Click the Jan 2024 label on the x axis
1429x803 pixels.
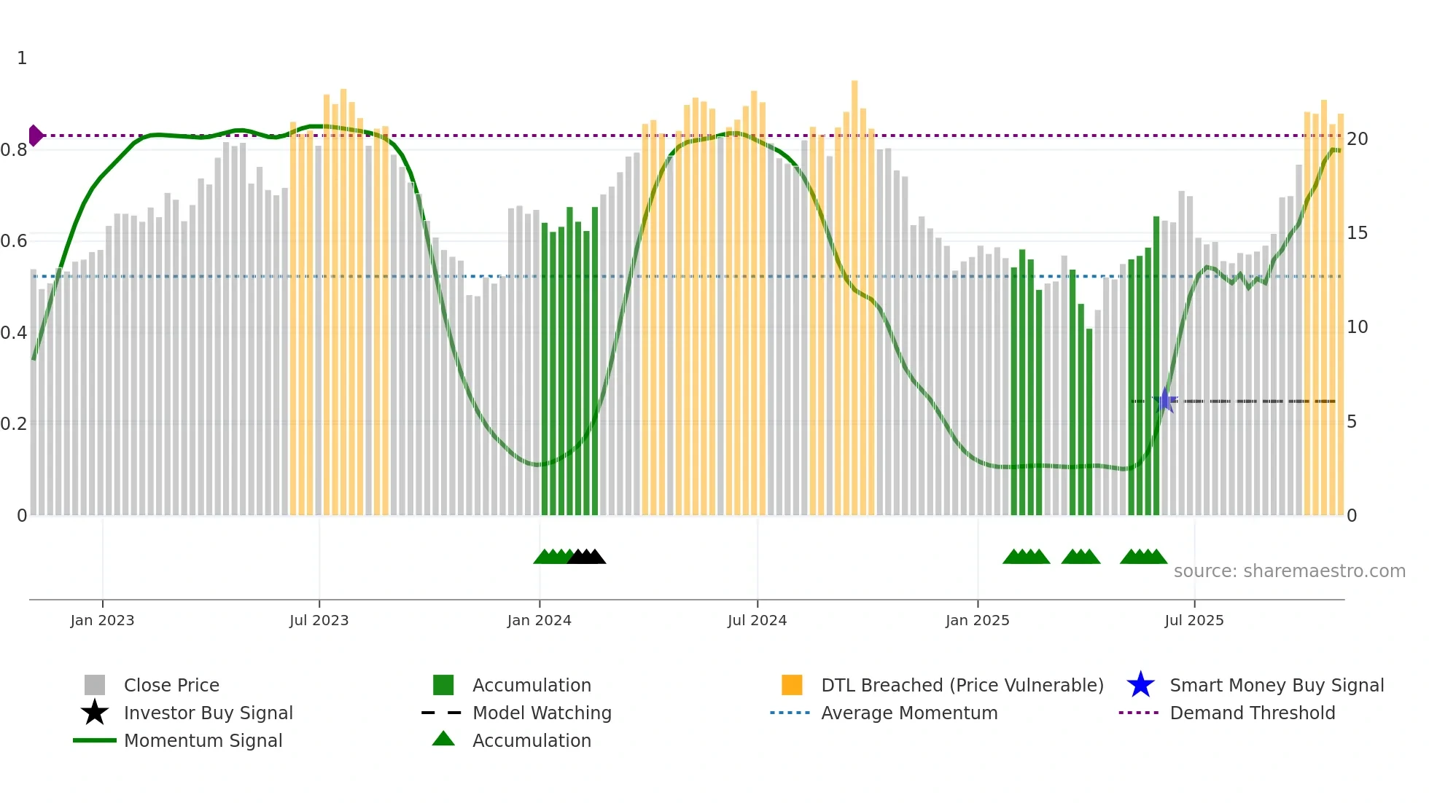tap(539, 620)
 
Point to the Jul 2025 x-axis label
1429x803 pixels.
tap(1194, 620)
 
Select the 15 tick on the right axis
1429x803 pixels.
tap(1357, 233)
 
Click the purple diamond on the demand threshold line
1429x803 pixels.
tap(35, 136)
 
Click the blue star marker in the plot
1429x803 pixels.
tap(1164, 401)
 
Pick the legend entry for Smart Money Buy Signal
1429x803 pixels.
tap(1276, 685)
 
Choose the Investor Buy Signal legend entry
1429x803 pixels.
tap(208, 713)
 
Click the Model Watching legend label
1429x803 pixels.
tap(542, 713)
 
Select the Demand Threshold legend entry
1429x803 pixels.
tap(1252, 713)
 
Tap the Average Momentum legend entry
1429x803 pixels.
tap(908, 713)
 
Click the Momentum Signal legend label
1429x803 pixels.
tap(203, 740)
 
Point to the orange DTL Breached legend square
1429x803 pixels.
tap(792, 685)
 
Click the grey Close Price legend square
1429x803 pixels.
tap(95, 685)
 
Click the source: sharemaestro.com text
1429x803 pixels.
tap(1289, 571)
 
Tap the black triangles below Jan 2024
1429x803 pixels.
tap(586, 557)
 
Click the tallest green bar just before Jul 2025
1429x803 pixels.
tap(1156, 364)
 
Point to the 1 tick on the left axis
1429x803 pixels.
tap(22, 58)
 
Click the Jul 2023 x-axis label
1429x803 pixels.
tap(319, 620)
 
